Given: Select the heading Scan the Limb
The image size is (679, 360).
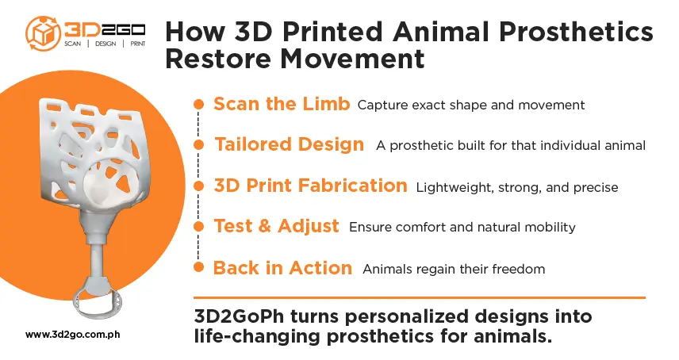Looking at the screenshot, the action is pos(282,104).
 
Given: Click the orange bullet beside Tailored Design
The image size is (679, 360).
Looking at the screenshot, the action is pos(199,145).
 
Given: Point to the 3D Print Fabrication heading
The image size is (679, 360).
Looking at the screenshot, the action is pos(310,186).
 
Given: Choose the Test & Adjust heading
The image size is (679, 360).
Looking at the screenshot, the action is pos(276,226).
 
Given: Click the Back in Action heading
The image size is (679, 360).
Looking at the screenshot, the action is pos(282,268).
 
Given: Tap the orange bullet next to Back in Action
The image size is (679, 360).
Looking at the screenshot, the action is pos(199,267).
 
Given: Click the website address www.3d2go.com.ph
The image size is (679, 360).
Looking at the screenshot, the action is pos(73,335).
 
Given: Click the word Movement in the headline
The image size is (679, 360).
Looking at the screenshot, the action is pos(352,59).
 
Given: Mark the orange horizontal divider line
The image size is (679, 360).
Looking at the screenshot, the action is pos(420,297).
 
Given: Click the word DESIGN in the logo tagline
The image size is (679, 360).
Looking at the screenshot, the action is pos(105,44).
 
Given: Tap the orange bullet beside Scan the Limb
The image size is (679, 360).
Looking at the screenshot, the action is pos(199,105).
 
